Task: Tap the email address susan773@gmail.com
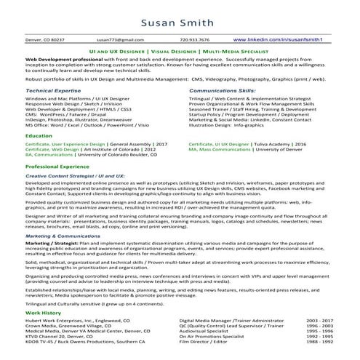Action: pyautogui.click(x=117, y=39)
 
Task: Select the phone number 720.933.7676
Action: pyautogui.click(x=193, y=39)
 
